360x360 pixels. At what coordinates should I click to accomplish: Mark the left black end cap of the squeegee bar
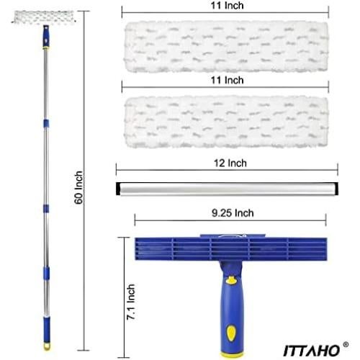coord(118,188)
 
